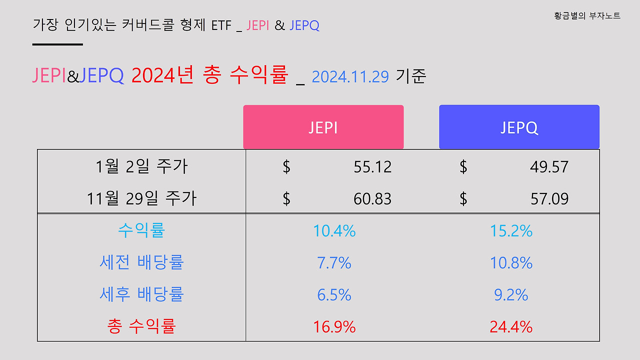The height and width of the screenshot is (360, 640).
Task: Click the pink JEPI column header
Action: pos(323,127)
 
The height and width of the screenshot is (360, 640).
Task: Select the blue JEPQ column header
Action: pos(519,127)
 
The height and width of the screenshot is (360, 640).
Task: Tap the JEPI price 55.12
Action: pos(372,167)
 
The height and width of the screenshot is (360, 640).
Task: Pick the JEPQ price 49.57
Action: pos(549,167)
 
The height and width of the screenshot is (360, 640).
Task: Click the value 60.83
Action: pos(372,199)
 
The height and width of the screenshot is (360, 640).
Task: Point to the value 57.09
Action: pos(549,199)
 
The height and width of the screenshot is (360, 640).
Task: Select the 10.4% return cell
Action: pos(334,231)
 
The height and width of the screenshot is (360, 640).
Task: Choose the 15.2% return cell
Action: pos(511,231)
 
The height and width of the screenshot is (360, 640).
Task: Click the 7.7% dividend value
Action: pos(334,263)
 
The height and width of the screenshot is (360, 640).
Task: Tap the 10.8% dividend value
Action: pos(511,263)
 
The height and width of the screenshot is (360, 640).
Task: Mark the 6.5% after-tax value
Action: pos(334,295)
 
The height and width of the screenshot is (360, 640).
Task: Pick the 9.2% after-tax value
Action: pos(511,295)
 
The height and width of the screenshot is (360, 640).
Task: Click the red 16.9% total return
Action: pos(334,327)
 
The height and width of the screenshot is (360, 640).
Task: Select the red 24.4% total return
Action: pos(511,327)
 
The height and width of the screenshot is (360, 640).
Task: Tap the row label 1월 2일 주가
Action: pos(141,167)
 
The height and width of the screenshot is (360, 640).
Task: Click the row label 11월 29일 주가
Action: pos(141,199)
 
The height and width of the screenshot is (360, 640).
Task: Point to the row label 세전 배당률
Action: pos(141,263)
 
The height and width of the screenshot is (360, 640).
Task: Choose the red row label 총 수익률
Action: pos(141,327)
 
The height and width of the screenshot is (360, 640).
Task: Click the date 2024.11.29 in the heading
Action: pos(350,77)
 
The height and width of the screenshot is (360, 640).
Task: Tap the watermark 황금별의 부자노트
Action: pos(587,16)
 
